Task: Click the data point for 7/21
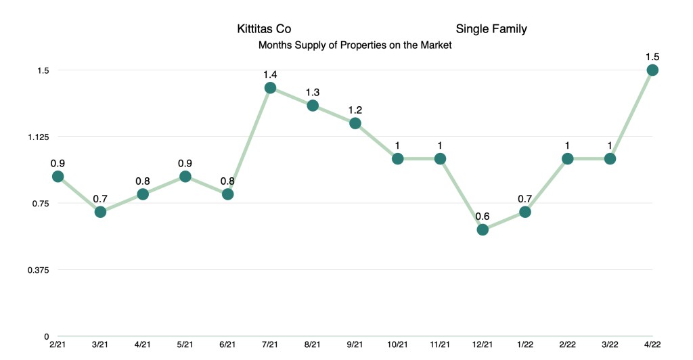pyautogui.click(x=270, y=88)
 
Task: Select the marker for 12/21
pyautogui.click(x=483, y=229)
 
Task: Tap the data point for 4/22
pyautogui.click(x=652, y=70)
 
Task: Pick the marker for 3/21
pyautogui.click(x=100, y=212)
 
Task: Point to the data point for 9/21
pyautogui.click(x=355, y=123)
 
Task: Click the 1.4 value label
pyautogui.click(x=270, y=74)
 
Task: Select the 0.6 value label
pyautogui.click(x=483, y=216)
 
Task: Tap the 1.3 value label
pyautogui.click(x=313, y=91)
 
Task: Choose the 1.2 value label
pyautogui.click(x=355, y=109)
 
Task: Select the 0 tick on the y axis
pyautogui.click(x=47, y=336)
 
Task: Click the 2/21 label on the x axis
pyautogui.click(x=58, y=345)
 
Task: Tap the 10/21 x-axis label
pyautogui.click(x=398, y=345)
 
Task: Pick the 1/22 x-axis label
pyautogui.click(x=525, y=345)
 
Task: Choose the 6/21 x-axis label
pyautogui.click(x=228, y=345)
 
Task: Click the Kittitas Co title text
pyautogui.click(x=264, y=29)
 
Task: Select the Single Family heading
pyautogui.click(x=491, y=29)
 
